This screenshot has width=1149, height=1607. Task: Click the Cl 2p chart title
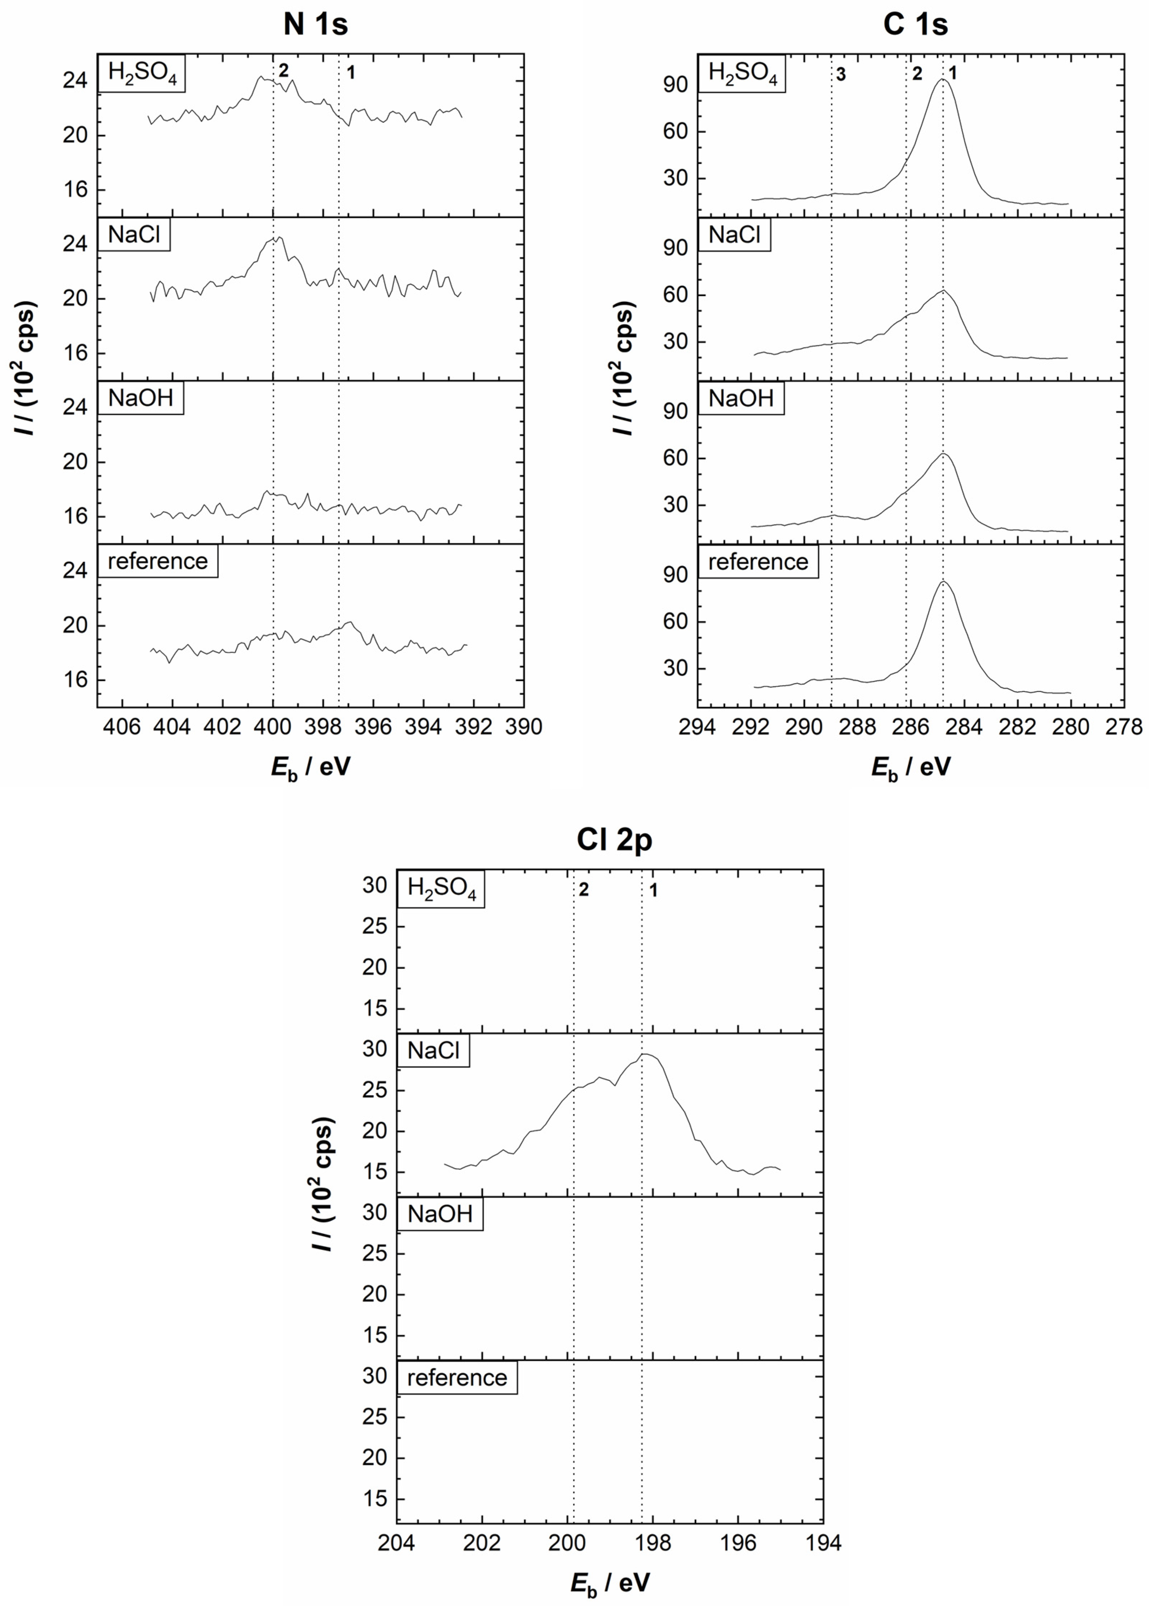pyautogui.click(x=614, y=840)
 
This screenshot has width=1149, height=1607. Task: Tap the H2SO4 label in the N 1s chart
pyautogui.click(x=142, y=72)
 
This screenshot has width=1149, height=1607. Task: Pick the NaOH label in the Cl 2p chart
pyautogui.click(x=440, y=1214)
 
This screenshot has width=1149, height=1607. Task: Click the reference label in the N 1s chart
pyautogui.click(x=158, y=561)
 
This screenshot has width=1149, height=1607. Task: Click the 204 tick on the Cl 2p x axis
pyautogui.click(x=397, y=1543)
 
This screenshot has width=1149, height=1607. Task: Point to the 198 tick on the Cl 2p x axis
pyautogui.click(x=652, y=1543)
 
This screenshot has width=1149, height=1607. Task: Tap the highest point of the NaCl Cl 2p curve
pyautogui.click(x=644, y=1055)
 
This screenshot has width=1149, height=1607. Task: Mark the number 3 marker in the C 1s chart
pyautogui.click(x=840, y=74)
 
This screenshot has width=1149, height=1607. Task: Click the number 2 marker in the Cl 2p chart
pyautogui.click(x=584, y=890)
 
